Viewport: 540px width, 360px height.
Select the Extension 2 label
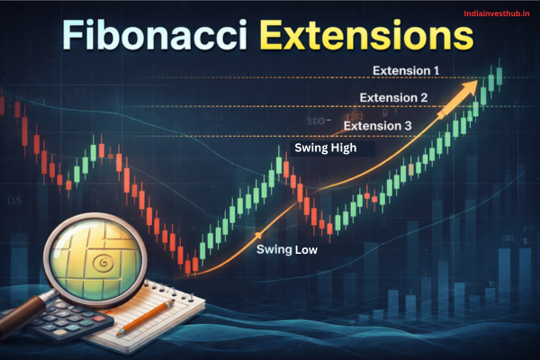pos(393,97)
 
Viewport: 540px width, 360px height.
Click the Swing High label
pos(325,148)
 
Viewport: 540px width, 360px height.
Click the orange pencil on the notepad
pos(144,316)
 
